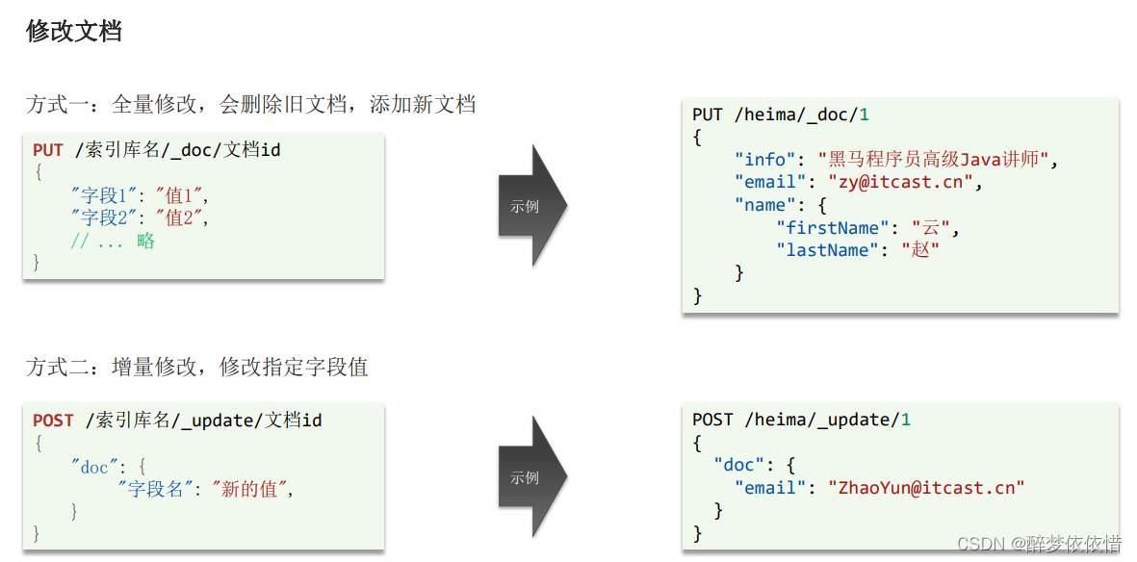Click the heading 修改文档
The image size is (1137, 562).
pos(74,32)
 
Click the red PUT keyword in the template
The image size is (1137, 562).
pos(48,150)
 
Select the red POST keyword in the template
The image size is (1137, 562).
pos(53,421)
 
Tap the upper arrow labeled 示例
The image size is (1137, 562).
pos(530,206)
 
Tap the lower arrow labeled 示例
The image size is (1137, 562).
pos(530,477)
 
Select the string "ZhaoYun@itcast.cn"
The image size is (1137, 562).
pos(926,488)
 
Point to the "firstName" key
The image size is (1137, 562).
pos(828,228)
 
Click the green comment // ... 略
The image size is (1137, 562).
pos(113,242)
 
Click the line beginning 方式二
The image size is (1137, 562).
pos(196,367)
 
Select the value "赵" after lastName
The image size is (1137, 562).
pos(920,250)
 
